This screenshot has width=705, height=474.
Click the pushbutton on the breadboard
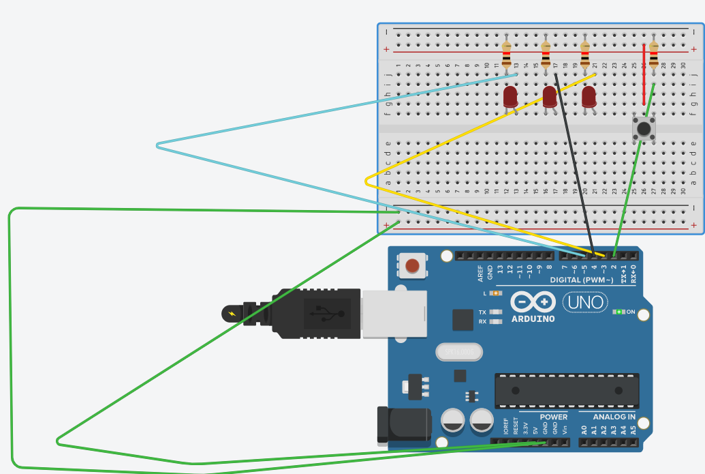642,128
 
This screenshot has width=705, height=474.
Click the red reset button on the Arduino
412,265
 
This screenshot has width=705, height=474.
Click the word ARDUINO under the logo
532,319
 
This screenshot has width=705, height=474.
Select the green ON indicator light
618,312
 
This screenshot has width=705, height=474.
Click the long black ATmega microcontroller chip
567,391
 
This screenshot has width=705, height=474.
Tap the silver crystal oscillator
458,352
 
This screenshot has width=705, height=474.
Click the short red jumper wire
644,75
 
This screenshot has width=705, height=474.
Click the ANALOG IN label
614,417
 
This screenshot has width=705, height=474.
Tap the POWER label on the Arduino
553,417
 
